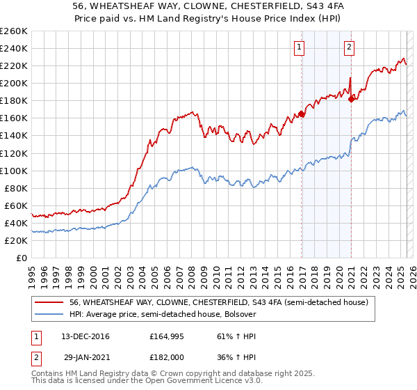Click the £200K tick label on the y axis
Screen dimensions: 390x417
tap(13, 83)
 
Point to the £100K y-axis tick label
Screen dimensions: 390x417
tap(13, 171)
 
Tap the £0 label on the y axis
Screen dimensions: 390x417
tap(21, 258)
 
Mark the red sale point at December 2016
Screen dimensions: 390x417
tap(302, 114)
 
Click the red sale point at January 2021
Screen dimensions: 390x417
tap(352, 99)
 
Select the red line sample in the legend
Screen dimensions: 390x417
tap(49, 302)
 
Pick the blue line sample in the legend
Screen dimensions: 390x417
tap(49, 314)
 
